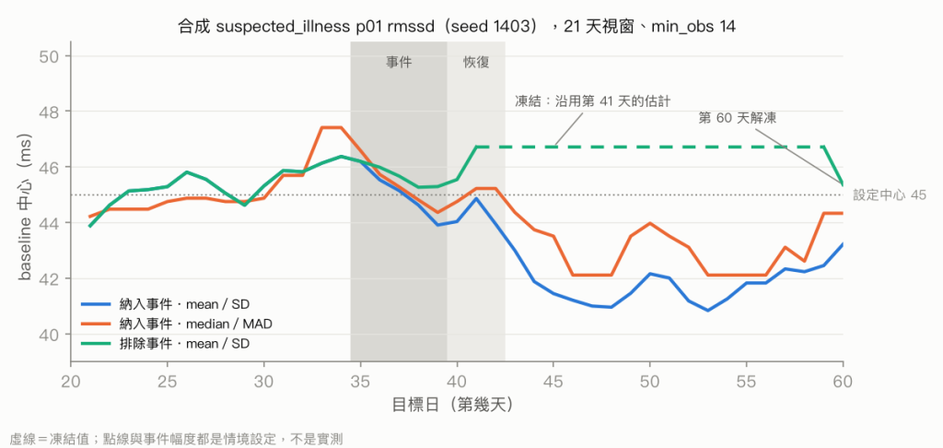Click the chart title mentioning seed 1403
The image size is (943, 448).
pos(457,27)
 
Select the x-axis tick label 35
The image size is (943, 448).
pos(360,382)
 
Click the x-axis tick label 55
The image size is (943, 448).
pos(746,382)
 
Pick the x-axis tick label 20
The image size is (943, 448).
pos(71,382)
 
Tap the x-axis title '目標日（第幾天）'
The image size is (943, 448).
pos(452,405)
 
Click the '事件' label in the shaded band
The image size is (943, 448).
pos(399,62)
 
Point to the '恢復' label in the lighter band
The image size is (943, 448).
pos(476,62)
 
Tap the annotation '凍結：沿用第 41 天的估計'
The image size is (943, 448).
pos(592,100)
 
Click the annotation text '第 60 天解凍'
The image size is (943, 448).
pos(738,117)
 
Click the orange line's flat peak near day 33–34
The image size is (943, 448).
pos(332,127)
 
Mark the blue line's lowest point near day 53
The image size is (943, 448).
pos(708,310)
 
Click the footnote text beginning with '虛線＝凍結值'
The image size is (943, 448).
pos(176,439)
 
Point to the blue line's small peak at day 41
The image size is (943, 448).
pos(476,198)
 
